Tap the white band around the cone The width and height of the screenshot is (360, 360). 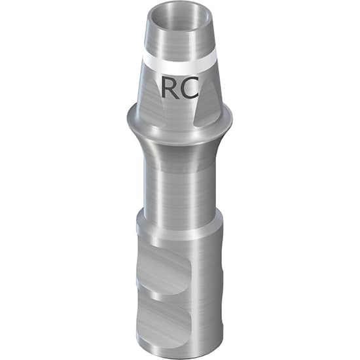click(180, 66)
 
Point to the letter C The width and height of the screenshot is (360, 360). click(190, 86)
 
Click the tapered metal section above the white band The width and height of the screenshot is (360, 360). click(179, 46)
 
